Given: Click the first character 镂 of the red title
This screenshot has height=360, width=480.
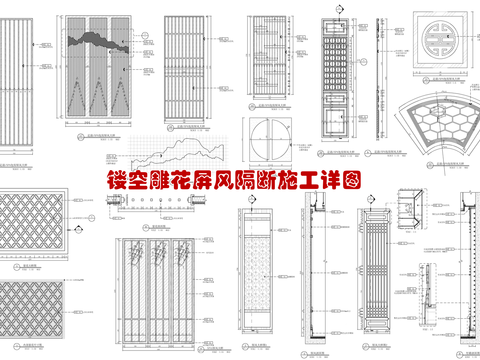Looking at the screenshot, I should (118, 183).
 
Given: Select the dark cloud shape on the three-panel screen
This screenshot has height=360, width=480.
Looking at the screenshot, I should (99, 41).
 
